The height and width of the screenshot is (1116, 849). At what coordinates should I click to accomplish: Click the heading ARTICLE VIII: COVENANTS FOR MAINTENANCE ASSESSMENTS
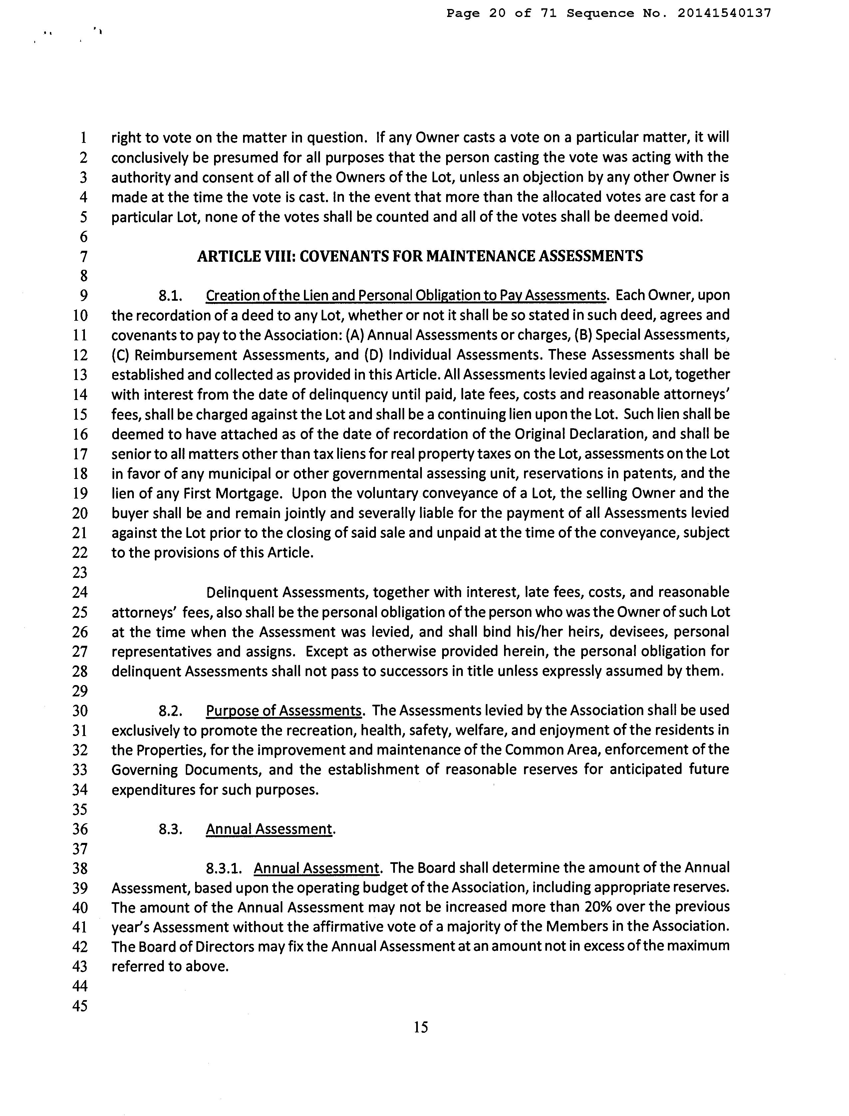click(x=420, y=256)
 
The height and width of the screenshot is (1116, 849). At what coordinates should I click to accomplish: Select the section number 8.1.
click(x=170, y=295)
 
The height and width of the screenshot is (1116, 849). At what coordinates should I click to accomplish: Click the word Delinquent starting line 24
click(x=241, y=592)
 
